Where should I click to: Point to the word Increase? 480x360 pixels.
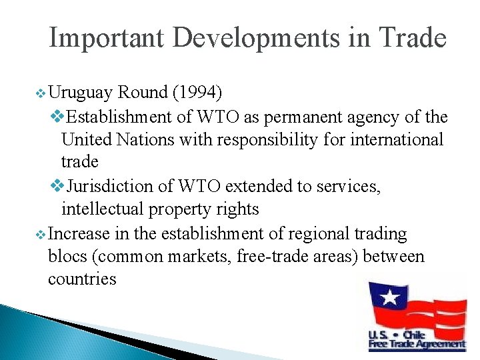tap(80, 233)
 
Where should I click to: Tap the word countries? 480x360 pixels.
tap(82, 279)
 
